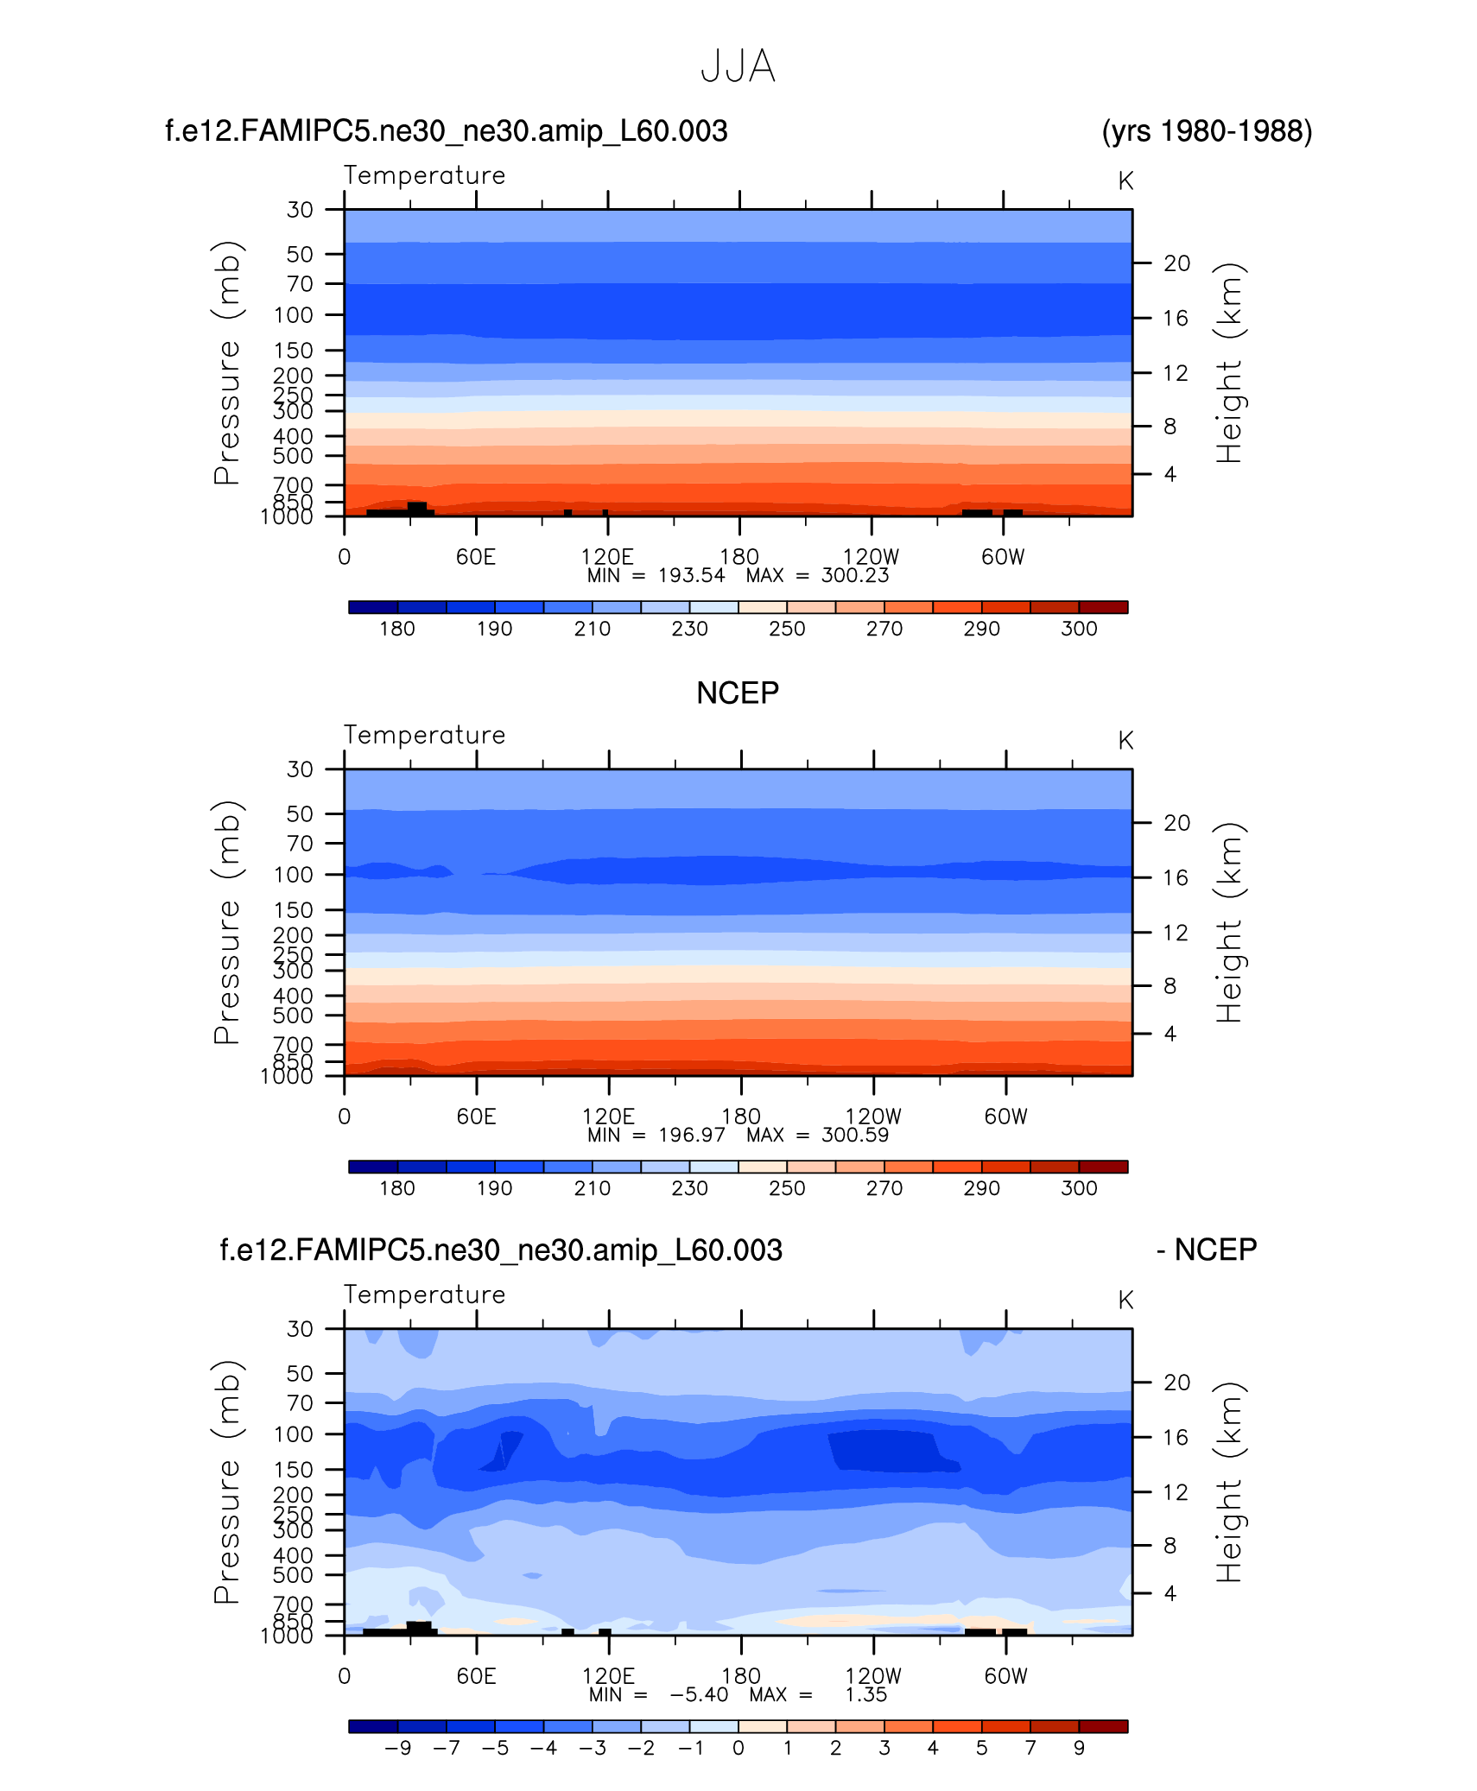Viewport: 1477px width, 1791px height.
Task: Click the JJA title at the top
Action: [x=738, y=66]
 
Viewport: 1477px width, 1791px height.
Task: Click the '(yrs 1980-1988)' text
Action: [x=1207, y=131]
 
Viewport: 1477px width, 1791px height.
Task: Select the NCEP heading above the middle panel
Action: [x=738, y=693]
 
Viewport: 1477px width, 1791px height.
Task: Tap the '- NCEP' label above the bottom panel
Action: [x=1207, y=1250]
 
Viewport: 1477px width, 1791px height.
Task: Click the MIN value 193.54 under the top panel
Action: [x=691, y=576]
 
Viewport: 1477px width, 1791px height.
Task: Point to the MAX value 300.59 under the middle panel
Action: [x=854, y=1135]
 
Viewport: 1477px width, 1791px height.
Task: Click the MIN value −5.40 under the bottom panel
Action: [x=699, y=1694]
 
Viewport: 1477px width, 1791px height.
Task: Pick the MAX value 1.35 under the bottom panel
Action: [x=865, y=1694]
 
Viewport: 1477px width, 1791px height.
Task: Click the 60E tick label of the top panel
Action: [x=476, y=557]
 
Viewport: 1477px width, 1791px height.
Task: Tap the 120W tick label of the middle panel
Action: [x=872, y=1117]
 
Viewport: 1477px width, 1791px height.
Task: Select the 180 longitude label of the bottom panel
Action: [x=740, y=1676]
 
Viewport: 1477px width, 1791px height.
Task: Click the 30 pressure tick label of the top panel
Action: [x=300, y=210]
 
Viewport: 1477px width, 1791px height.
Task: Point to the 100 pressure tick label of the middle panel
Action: [x=294, y=875]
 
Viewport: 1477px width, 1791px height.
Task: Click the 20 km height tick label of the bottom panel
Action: [x=1176, y=1383]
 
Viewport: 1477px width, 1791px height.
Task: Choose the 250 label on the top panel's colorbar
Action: [x=787, y=629]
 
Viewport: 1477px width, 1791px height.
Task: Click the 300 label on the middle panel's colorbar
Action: [x=1079, y=1188]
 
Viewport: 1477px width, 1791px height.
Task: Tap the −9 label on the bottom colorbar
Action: [x=397, y=1748]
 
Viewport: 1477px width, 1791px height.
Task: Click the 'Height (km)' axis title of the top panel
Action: [x=1228, y=363]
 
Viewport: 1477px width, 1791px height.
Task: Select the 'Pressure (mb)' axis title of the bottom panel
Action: [x=226, y=1482]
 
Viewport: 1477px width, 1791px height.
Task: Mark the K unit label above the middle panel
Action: [x=1125, y=741]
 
